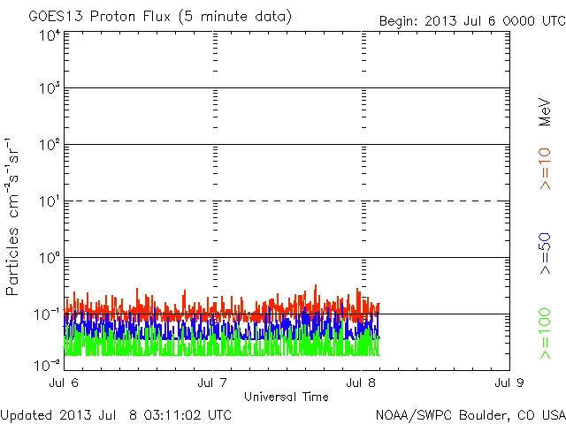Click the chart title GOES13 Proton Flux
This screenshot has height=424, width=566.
160,17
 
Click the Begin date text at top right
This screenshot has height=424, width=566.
471,21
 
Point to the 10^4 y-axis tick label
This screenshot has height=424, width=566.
49,35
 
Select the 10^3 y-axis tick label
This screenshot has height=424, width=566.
49,89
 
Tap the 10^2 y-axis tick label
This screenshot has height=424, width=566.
49,145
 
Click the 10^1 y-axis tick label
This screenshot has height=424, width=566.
49,201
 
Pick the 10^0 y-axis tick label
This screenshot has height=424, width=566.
49,258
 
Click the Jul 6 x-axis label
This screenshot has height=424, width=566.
65,383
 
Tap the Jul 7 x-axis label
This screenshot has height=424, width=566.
214,383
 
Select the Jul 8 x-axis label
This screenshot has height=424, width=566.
362,383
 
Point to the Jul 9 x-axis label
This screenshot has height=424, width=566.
509,383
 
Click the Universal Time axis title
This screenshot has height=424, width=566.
287,397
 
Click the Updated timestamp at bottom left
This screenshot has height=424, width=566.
116,414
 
